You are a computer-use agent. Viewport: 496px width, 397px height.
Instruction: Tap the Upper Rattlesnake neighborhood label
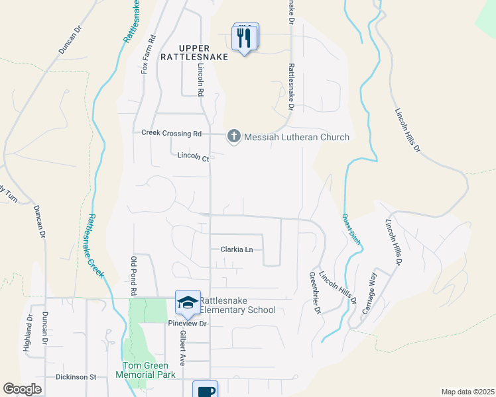point(194,52)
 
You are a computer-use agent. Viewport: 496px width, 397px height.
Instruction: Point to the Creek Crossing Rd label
point(171,133)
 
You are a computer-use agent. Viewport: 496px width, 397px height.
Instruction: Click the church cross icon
point(233,137)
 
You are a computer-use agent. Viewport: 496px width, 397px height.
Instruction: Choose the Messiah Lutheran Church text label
point(296,138)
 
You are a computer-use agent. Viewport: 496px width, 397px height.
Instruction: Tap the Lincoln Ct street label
point(193,157)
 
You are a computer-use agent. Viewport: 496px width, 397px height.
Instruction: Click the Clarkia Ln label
point(236,249)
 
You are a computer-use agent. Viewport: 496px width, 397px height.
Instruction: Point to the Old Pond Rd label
point(133,275)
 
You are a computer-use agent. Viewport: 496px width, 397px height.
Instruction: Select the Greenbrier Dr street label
point(316,292)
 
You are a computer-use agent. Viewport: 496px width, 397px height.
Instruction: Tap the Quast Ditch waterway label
point(352,228)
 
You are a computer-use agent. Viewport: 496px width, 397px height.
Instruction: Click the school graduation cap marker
point(187,302)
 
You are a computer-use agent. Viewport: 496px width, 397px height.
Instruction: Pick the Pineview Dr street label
point(188,324)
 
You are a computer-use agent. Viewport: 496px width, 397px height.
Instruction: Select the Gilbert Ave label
point(181,348)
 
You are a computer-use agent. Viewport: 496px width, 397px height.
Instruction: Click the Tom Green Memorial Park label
point(149,371)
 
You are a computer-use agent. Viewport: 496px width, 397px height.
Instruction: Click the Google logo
point(23,389)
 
